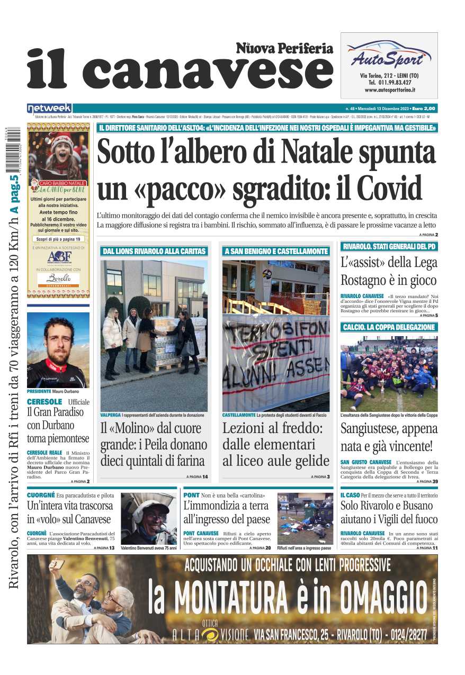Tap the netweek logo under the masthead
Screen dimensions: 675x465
[x=49, y=108]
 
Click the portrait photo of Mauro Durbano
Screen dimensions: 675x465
[x=58, y=350]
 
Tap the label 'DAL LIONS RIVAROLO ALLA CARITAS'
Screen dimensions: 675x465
[x=154, y=251]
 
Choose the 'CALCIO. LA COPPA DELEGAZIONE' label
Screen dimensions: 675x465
[x=389, y=327]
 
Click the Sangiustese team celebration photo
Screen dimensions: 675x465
[x=389, y=373]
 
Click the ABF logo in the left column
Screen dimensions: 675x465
[x=58, y=258]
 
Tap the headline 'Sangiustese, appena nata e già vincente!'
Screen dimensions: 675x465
[x=389, y=437]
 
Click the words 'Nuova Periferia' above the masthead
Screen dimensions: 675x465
[x=284, y=49]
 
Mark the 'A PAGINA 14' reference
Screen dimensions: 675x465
[x=197, y=477]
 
